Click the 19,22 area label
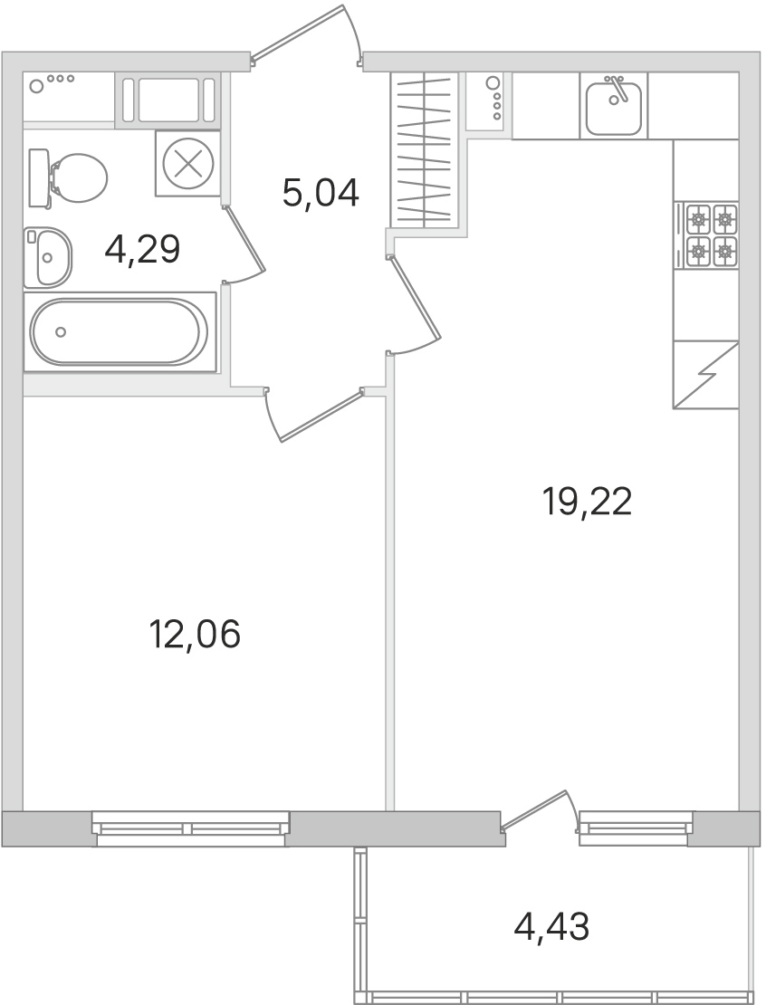587,502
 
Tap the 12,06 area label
195,635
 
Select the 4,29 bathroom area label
142,249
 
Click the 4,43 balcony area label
551,926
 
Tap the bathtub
120,332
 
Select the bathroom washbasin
47,257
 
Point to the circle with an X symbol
187,164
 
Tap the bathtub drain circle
61,332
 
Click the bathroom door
244,243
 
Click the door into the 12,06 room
314,414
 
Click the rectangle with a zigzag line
705,375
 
